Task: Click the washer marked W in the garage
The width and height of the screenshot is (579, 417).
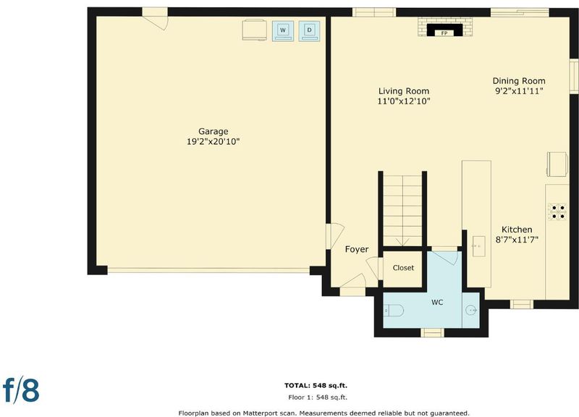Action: coord(283,30)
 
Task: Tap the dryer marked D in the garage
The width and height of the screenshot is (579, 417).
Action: coord(309,30)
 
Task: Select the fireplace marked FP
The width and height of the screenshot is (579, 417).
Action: coord(444,30)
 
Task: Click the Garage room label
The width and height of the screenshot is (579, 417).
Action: coord(213,131)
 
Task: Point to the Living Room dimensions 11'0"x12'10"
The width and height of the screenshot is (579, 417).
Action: coord(404,101)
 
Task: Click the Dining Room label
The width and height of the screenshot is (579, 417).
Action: coord(519,81)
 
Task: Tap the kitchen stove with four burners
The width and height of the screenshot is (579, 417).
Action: coord(557,211)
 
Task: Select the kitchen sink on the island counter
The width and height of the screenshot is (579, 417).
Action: coord(479,245)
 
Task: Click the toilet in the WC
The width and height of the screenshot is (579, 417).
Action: coord(394,311)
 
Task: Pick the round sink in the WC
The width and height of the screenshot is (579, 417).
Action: coord(471,311)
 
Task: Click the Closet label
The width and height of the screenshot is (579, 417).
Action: coord(403,268)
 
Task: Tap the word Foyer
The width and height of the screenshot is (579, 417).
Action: coord(357,249)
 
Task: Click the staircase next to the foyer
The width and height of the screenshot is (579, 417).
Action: coord(402,210)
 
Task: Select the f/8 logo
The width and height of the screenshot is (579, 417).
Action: coord(21,389)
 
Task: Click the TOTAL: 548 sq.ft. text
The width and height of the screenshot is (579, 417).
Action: coord(316,386)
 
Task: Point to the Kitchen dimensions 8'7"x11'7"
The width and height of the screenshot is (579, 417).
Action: coord(517,240)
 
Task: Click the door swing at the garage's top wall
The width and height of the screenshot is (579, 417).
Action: coord(155,20)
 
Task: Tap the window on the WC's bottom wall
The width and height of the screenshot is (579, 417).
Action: coord(432,332)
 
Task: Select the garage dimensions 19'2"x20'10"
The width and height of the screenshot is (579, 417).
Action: coord(213,141)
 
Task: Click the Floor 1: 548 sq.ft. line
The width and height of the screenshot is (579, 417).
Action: coord(318,397)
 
